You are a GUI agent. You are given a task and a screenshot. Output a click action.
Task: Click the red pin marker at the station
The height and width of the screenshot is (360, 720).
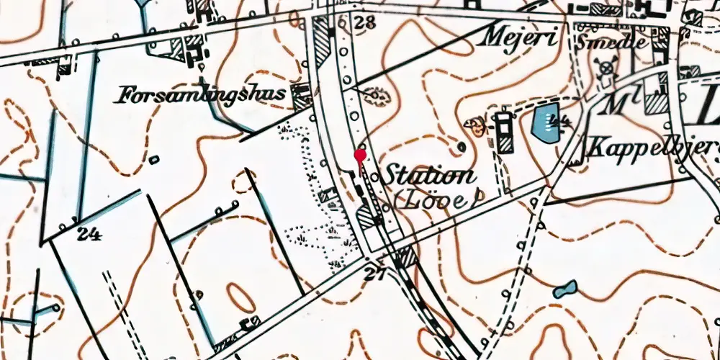[360, 156]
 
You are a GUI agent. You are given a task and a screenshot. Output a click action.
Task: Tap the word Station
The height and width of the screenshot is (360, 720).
[429, 175]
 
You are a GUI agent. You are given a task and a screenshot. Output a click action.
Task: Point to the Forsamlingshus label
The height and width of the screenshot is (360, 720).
[202, 94]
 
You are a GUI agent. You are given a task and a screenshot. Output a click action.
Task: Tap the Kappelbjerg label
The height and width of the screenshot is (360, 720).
[652, 148]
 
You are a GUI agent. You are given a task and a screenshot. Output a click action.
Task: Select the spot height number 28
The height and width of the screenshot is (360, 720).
[364, 22]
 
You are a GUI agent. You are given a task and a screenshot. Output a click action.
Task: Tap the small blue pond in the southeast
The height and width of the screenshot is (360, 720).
[564, 289]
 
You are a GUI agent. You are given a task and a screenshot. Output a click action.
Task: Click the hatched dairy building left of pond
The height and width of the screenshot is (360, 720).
[504, 132]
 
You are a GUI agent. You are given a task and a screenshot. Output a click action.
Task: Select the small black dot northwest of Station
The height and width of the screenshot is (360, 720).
[462, 148]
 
